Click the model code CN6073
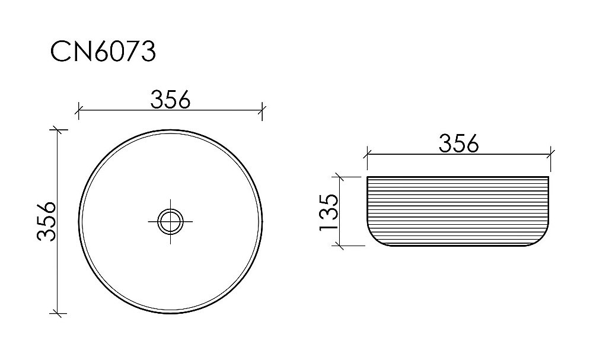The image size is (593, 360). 103,52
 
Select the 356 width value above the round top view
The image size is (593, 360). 170,100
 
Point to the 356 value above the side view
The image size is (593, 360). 458,143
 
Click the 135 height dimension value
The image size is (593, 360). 328,211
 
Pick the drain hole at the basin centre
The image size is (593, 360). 170,221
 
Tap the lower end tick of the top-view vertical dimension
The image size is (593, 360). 57,313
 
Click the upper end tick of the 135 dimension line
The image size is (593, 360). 339,176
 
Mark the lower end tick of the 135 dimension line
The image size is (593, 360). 339,245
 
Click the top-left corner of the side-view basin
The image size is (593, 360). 368,177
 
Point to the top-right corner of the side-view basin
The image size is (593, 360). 550,177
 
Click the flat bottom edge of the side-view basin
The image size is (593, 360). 459,246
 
